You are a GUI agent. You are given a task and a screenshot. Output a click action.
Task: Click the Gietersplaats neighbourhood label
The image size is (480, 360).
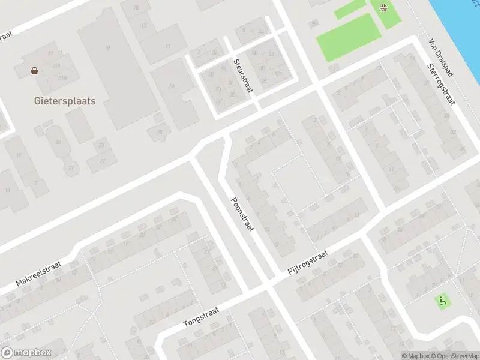pos(64,101)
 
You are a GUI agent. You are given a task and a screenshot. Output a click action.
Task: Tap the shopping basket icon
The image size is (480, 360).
pos(35,71)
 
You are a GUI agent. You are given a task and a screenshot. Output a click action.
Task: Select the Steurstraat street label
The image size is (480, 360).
pos(244,75)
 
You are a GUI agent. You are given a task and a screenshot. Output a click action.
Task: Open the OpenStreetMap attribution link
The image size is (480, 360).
pos(455,356)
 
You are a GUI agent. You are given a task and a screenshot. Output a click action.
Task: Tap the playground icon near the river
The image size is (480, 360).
pos(383,7)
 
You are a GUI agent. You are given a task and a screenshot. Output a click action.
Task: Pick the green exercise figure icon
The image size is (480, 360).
pos(443,299)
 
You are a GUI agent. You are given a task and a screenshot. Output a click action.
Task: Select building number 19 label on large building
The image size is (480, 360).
pos(107,48)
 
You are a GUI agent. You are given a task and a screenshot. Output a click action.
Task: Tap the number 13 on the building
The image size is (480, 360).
pos(143,26)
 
